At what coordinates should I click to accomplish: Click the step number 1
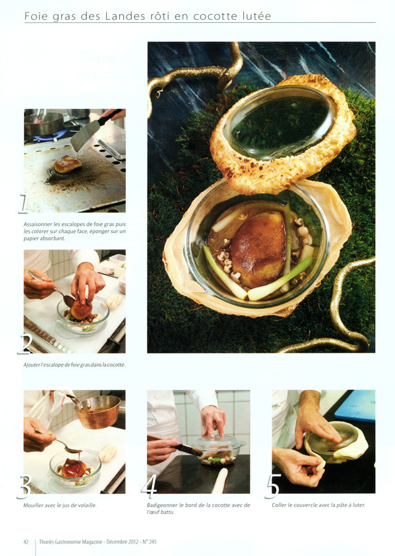[23, 204]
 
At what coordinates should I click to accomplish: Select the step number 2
[25, 344]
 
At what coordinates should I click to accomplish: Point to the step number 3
[25, 487]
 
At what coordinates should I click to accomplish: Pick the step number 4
[149, 486]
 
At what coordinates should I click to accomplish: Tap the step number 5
[273, 486]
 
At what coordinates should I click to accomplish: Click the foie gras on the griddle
[68, 164]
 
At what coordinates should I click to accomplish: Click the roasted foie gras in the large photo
[258, 249]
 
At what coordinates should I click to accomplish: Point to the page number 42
[26, 542]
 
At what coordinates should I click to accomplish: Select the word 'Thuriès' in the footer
[46, 542]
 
